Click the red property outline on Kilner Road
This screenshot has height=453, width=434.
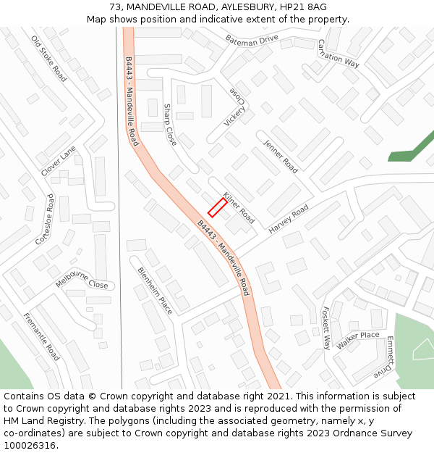click(x=218, y=207)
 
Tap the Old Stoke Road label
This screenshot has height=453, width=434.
click(x=49, y=58)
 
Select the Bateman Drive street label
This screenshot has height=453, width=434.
click(x=252, y=39)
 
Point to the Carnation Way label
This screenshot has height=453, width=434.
click(x=338, y=53)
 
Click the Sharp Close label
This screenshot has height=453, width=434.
click(x=170, y=125)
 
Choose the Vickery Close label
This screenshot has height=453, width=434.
click(x=237, y=107)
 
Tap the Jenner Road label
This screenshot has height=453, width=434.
click(x=281, y=156)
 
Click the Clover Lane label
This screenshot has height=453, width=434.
click(x=59, y=161)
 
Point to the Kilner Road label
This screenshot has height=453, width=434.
click(x=239, y=207)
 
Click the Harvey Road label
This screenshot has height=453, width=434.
click(x=289, y=218)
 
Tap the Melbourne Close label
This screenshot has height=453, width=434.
click(x=82, y=280)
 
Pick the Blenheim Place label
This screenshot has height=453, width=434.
click(x=155, y=290)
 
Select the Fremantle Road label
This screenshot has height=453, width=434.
click(x=41, y=337)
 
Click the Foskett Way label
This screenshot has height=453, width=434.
click(x=325, y=327)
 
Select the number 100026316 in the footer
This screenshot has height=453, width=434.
click(x=30, y=446)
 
